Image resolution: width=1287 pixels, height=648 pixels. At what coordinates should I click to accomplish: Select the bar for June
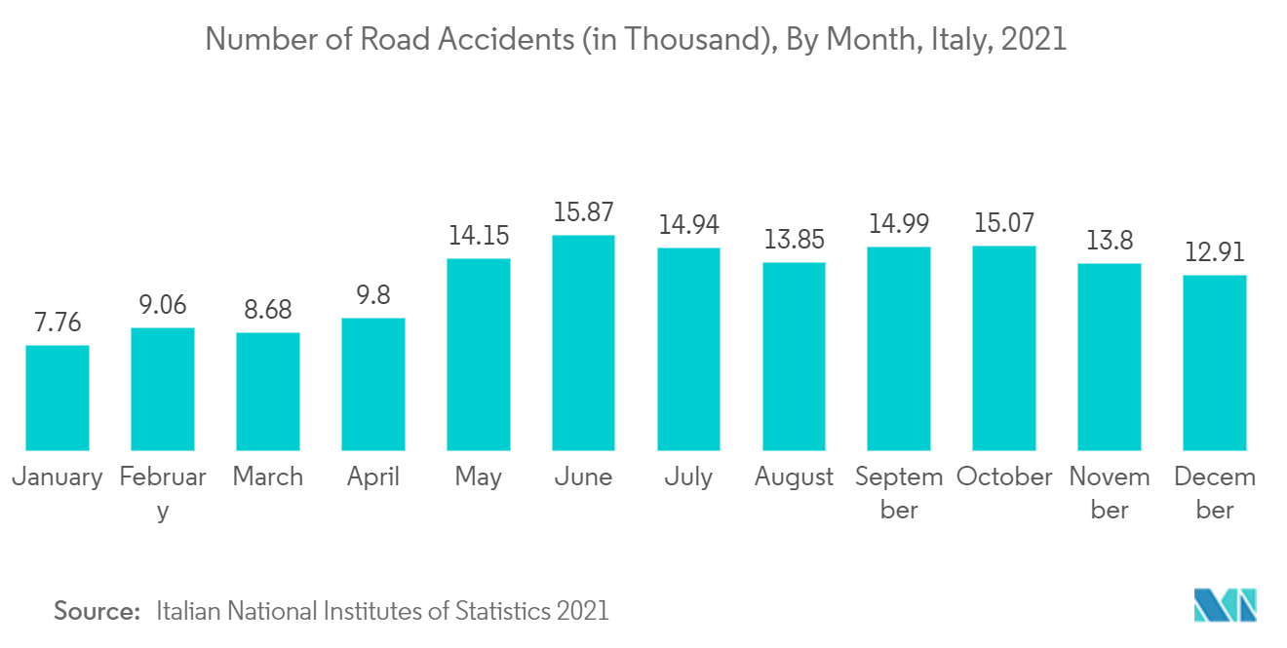tap(583, 342)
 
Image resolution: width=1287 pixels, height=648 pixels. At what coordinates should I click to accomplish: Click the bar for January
tap(58, 398)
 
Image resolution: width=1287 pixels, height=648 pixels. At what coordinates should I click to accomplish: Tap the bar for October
tap(1004, 348)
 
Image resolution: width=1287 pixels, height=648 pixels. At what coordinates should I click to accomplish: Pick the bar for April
tap(373, 384)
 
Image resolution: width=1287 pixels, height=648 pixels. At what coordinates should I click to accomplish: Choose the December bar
tap(1215, 362)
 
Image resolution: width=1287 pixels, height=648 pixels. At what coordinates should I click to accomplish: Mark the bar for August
tap(794, 356)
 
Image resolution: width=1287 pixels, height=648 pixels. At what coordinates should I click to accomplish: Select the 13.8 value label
tap(1110, 241)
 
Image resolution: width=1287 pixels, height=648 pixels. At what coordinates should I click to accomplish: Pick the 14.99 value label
tap(899, 224)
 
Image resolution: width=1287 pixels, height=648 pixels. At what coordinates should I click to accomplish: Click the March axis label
tap(268, 476)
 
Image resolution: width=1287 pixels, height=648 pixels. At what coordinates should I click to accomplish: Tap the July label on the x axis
tap(688, 476)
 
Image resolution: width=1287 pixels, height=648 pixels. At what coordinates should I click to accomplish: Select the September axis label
tap(899, 493)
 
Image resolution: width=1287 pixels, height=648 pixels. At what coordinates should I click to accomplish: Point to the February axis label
tap(163, 493)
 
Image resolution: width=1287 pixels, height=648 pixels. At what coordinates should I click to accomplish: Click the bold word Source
tap(97, 611)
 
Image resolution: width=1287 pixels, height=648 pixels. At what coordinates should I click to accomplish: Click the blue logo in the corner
tap(1226, 604)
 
